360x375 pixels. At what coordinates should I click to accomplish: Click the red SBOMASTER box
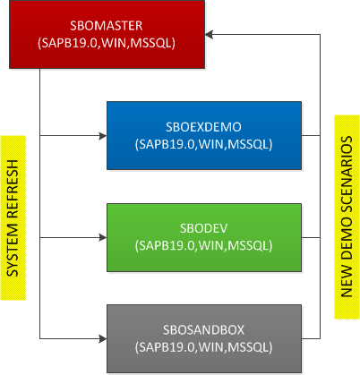107,34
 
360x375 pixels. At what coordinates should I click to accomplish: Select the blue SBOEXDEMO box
204,136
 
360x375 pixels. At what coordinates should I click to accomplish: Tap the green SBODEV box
204,237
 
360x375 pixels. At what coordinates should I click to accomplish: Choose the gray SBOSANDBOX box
204,339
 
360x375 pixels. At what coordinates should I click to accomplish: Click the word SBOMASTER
107,26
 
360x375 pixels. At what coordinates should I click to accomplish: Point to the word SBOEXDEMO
203,127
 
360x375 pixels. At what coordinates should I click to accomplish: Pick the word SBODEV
203,228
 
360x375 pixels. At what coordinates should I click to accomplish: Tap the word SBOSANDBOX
203,330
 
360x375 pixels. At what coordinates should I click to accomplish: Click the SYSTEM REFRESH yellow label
13,217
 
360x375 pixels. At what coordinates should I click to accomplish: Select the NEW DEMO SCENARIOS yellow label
347,217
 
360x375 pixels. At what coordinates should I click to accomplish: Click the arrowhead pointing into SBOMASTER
209,34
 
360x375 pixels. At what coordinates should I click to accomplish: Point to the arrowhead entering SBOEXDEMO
103,136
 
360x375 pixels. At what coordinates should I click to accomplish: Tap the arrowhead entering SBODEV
103,237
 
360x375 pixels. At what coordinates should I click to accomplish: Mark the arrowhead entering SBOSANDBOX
103,339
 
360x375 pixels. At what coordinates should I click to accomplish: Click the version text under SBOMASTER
107,43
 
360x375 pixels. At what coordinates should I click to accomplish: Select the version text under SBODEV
203,246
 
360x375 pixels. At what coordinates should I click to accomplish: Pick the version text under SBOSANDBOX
203,347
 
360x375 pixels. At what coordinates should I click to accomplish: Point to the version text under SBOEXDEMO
203,144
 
